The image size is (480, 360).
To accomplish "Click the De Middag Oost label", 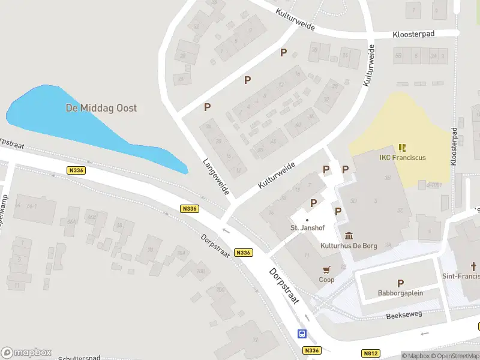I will [101, 108].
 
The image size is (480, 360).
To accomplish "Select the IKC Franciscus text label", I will [403, 158].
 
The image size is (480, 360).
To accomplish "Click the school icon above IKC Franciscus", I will [402, 147].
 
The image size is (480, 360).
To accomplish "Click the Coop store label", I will [326, 280].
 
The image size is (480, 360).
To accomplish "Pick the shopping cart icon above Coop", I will [326, 270].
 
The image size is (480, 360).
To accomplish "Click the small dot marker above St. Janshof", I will [307, 220].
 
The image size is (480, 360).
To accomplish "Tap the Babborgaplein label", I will [400, 293].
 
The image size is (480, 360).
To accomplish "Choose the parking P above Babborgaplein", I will [400, 283].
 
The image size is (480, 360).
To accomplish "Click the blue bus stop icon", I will [302, 334].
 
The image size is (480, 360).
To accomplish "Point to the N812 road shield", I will [371, 353].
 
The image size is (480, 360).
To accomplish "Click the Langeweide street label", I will [216, 176].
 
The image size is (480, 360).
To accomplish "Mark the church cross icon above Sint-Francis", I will [473, 266].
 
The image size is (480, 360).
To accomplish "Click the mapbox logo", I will [26, 352].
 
